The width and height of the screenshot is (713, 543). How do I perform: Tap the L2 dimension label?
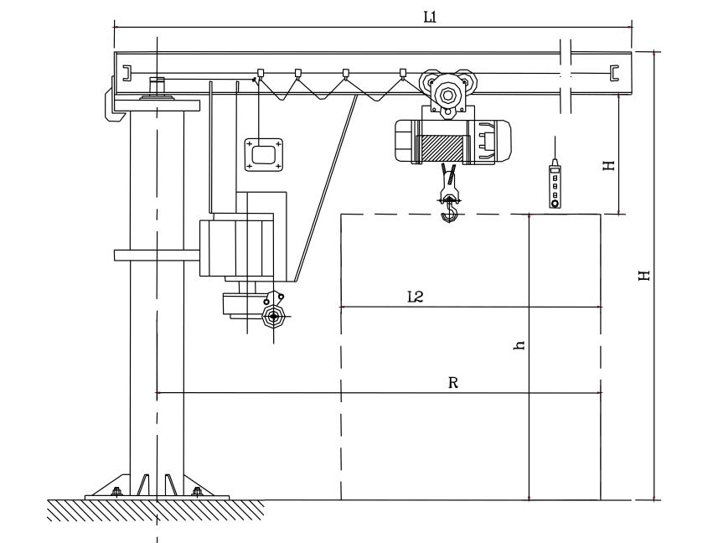coord(414,296)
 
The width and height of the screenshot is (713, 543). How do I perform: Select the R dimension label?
coord(453,382)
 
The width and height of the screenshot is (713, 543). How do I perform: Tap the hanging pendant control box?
coord(554,185)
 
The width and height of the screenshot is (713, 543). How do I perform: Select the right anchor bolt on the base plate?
coord(197,491)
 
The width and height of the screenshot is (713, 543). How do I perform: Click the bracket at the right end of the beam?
coord(616,72)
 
